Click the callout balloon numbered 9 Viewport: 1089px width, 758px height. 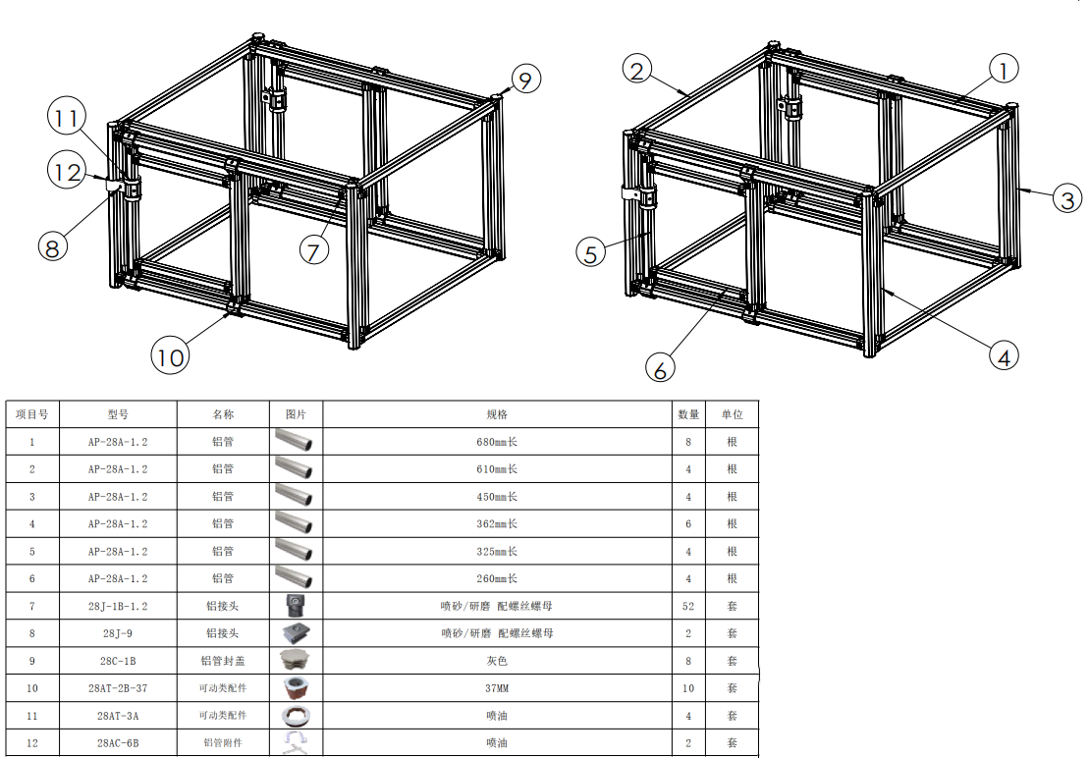pyautogui.click(x=525, y=80)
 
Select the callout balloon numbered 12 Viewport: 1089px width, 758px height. pyautogui.click(x=68, y=172)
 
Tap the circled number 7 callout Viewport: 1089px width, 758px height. pyautogui.click(x=314, y=250)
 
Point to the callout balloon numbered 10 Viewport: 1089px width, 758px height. pyautogui.click(x=170, y=356)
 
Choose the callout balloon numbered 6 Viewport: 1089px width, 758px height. pyautogui.click(x=660, y=368)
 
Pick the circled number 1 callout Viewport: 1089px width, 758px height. pyautogui.click(x=1003, y=69)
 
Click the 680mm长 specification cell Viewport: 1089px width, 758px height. pyautogui.click(x=497, y=442)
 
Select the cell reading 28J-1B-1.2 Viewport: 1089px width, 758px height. pyautogui.click(x=118, y=606)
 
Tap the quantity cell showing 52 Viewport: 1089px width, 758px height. pyautogui.click(x=688, y=606)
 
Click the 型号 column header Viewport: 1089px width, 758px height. pyautogui.click(x=118, y=414)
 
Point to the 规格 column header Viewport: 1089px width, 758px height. pyautogui.click(x=497, y=414)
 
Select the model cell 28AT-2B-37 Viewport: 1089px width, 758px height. pyautogui.click(x=118, y=688)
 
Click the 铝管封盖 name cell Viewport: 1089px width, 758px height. pyautogui.click(x=223, y=661)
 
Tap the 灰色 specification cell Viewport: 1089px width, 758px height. pyautogui.click(x=497, y=661)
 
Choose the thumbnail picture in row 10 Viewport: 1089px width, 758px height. pyautogui.click(x=296, y=688)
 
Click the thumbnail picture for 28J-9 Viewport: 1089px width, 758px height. pyautogui.click(x=296, y=633)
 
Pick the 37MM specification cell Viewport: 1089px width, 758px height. pyautogui.click(x=497, y=688)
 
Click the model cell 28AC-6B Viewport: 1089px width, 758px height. pyautogui.click(x=118, y=742)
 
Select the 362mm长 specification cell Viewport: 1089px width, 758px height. pyautogui.click(x=497, y=523)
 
